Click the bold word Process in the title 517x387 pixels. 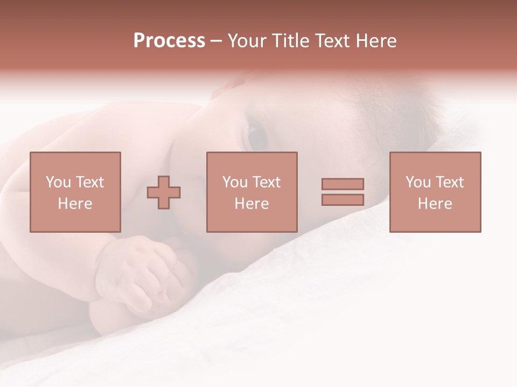[169, 41]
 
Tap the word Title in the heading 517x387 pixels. [290, 41]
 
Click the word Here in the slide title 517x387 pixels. [375, 41]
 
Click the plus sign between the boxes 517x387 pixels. [164, 192]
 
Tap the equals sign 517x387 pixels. [343, 192]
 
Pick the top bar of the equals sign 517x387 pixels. [343, 184]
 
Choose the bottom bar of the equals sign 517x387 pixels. [343, 200]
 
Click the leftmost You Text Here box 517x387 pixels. [75, 192]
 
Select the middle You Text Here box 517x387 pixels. [252, 192]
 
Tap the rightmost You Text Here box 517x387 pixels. [435, 192]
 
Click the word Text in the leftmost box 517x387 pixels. [90, 182]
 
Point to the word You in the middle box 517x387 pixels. [234, 182]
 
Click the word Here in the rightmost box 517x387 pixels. [435, 204]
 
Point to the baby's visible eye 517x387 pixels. [257, 137]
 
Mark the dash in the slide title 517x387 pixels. [216, 41]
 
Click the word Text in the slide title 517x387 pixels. [333, 41]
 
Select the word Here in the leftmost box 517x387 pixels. [75, 204]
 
